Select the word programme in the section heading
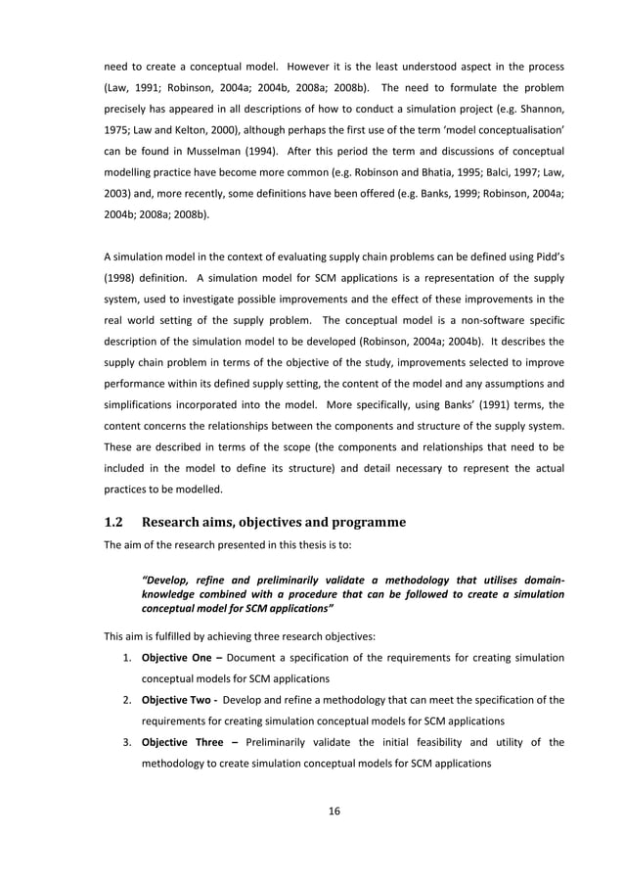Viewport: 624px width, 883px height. click(x=362, y=520)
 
